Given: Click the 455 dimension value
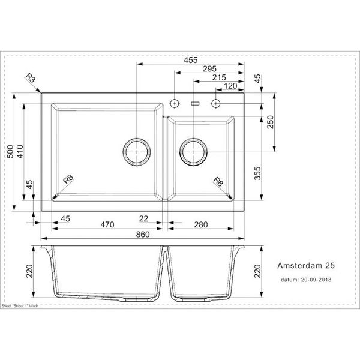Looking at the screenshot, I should pyautogui.click(x=190, y=60).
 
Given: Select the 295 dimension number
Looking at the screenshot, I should pyautogui.click(x=208, y=69).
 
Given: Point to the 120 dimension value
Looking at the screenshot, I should pyautogui.click(x=230, y=86).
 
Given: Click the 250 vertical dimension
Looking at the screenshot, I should pyautogui.click(x=270, y=121).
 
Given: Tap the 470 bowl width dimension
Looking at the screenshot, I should pyautogui.click(x=107, y=225).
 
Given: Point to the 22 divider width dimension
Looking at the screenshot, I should pyautogui.click(x=143, y=218).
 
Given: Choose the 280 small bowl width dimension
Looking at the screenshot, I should pyautogui.click(x=200, y=225).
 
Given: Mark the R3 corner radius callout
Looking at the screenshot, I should pyautogui.click(x=30, y=79).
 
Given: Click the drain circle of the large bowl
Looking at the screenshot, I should pyautogui.click(x=137, y=152).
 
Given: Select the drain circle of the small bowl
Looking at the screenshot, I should pyautogui.click(x=193, y=152).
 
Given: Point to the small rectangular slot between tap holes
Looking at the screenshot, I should pyautogui.click(x=194, y=103).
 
